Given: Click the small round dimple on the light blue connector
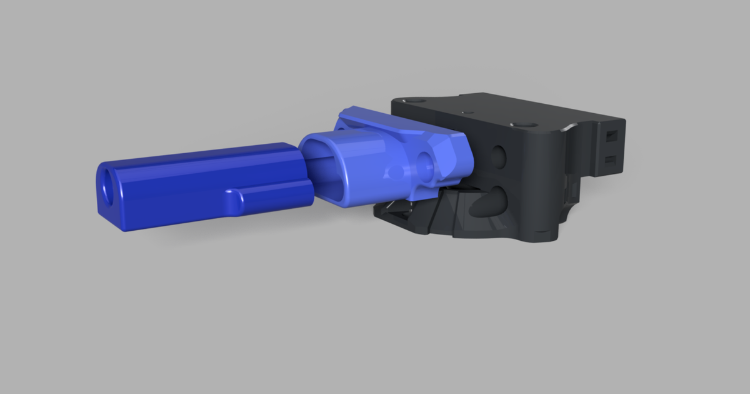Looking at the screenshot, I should pos(394,173).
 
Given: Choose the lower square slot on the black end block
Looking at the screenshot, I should pos(610,160).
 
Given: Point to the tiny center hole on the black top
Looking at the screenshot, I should pos(463,112).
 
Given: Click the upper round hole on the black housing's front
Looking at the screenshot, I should pos(498,154).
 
